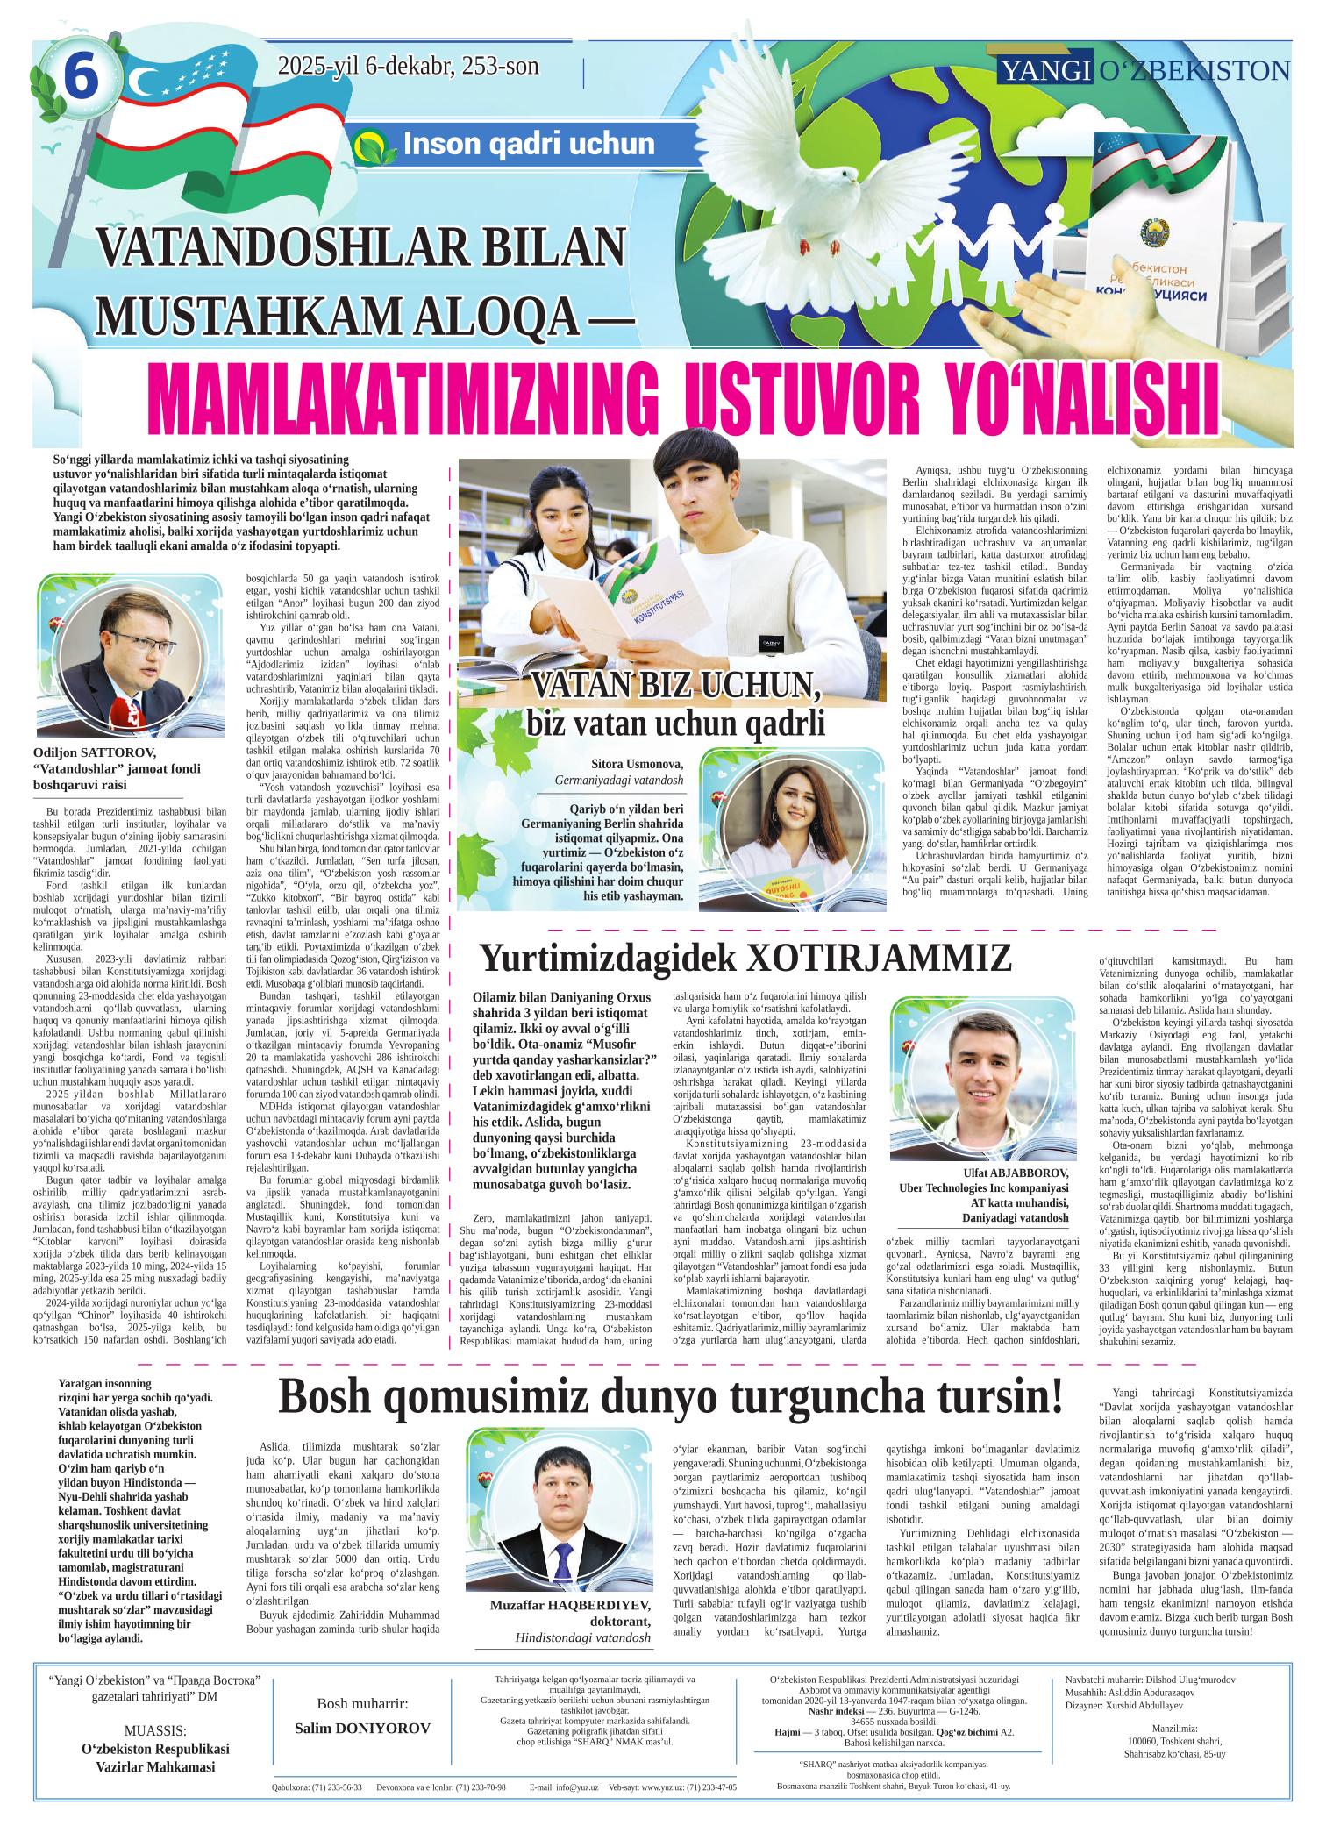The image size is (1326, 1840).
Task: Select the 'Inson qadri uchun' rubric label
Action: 528,145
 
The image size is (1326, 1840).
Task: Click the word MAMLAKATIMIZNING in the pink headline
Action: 404,392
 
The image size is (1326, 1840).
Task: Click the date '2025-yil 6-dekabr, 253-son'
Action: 408,67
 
